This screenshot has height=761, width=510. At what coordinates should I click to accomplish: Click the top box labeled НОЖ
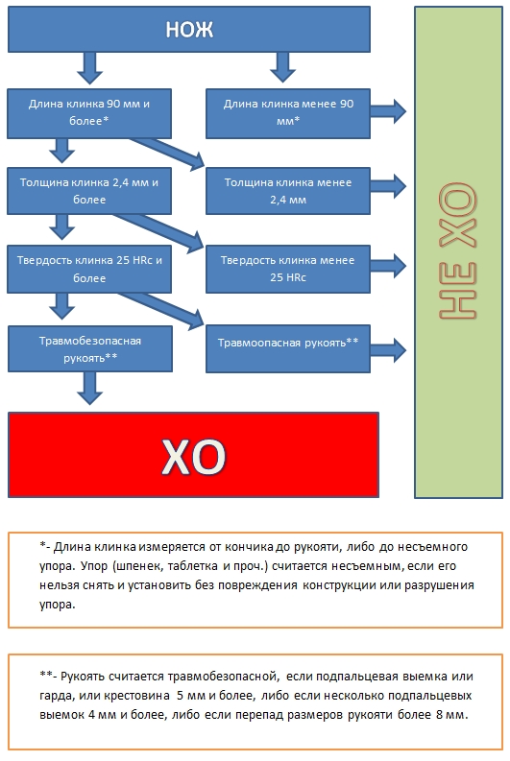click(x=189, y=29)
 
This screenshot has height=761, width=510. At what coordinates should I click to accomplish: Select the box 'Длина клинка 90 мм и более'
click(x=89, y=113)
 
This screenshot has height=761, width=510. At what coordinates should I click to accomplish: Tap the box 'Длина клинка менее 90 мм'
click(x=288, y=113)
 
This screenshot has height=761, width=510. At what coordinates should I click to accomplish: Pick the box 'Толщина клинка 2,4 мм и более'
click(x=89, y=191)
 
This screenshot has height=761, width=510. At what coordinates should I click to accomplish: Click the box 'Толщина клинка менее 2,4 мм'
click(x=288, y=191)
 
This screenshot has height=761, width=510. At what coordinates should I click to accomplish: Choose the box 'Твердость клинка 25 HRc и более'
click(x=89, y=269)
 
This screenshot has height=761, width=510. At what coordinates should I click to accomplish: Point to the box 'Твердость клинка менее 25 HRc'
click(x=288, y=269)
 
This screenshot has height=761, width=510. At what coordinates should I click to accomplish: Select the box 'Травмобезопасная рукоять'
click(x=90, y=349)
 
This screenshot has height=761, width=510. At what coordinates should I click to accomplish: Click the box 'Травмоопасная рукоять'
click(x=288, y=349)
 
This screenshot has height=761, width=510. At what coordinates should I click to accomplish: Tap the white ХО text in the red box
click(x=194, y=456)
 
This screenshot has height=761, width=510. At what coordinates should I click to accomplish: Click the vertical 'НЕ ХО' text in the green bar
click(x=458, y=250)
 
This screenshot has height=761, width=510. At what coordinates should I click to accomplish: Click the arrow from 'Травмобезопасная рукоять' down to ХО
click(x=90, y=388)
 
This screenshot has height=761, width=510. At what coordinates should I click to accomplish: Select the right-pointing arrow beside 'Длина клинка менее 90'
click(x=388, y=111)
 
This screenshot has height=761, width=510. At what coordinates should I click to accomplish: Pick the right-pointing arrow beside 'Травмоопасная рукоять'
click(x=388, y=349)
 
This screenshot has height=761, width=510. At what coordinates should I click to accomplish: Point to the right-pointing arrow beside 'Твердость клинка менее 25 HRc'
click(x=388, y=266)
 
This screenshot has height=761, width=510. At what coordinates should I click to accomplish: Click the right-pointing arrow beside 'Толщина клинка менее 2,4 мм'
click(x=388, y=185)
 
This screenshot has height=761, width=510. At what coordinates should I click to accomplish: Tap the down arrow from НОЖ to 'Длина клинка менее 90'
click(x=282, y=67)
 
